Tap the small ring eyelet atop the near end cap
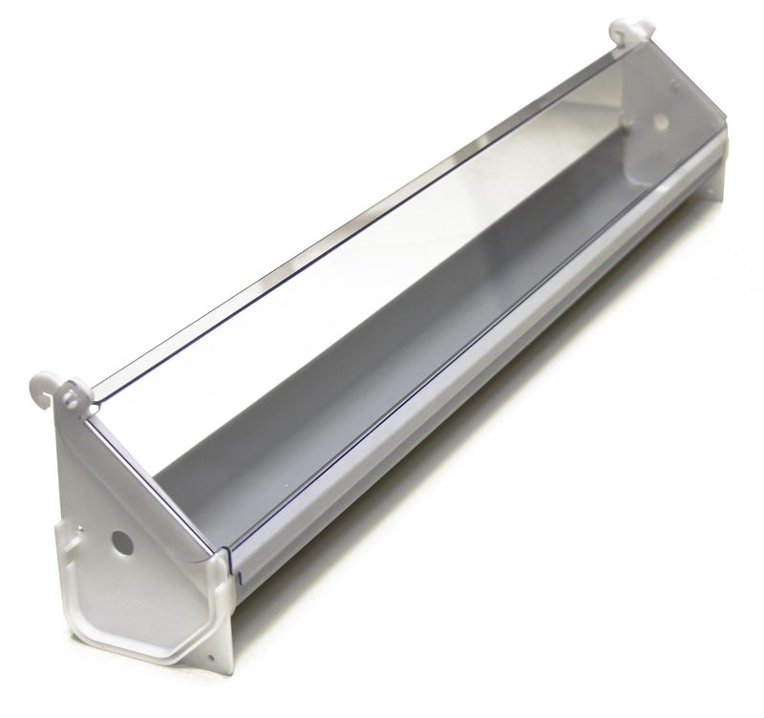(x=74, y=392)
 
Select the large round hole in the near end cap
(x=121, y=541)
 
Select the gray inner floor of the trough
(x=382, y=382)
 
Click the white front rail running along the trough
(x=477, y=382)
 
